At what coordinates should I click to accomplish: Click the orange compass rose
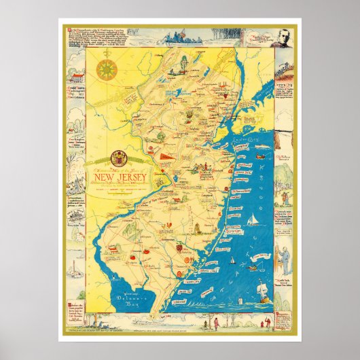pos(106,69)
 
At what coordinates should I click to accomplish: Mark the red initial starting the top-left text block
pos(69,31)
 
